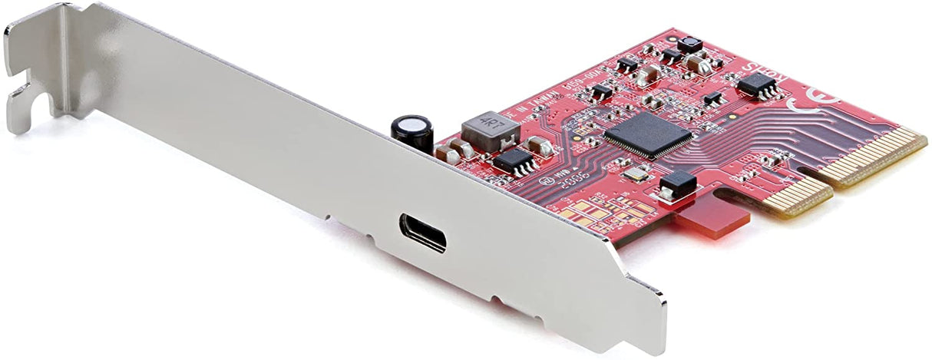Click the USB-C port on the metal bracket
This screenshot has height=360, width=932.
[x=422, y=233]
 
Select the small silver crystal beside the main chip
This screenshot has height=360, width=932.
[x=635, y=174]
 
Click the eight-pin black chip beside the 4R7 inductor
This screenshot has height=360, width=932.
[x=514, y=160]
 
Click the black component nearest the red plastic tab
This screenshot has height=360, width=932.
[x=678, y=183]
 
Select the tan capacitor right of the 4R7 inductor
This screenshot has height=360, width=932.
[x=539, y=146]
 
